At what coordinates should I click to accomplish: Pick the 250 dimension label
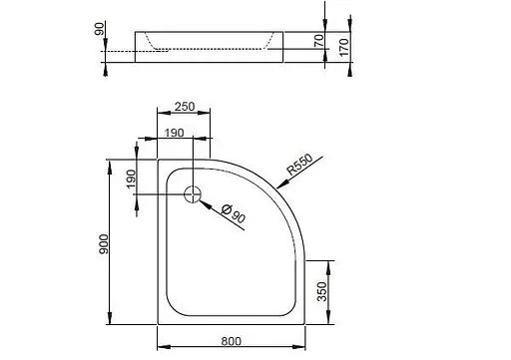183,106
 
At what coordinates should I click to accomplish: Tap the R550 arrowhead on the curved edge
266,187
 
